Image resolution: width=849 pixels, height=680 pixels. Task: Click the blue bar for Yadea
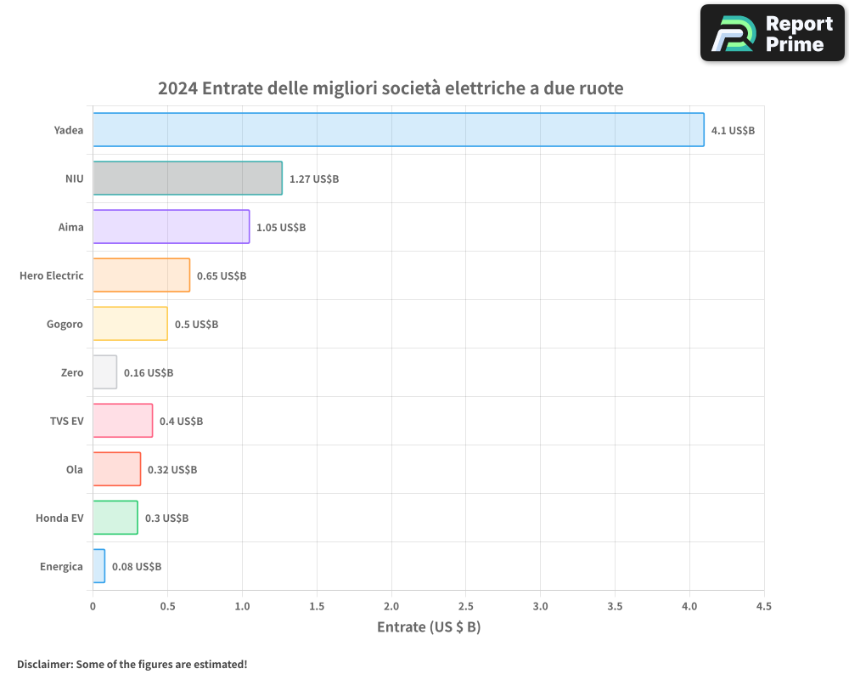coord(398,130)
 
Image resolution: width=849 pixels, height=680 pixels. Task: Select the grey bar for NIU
coord(187,178)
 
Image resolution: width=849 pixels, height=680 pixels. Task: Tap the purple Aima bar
coord(171,227)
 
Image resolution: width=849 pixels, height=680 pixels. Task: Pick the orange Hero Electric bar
coord(141,275)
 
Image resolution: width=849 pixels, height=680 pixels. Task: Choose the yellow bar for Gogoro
coord(130,324)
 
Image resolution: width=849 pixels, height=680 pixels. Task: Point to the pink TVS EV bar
coord(122,421)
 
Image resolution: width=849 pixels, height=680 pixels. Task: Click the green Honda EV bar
coord(115,518)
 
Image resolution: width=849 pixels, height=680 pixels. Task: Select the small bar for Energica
coord(98,566)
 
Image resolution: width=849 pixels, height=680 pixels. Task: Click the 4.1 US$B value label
coord(733,131)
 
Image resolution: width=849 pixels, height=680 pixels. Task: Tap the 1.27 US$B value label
coord(314,179)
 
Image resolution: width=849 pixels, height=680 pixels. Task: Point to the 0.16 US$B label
coord(149,373)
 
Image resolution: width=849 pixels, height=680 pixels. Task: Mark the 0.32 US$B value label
coord(172,470)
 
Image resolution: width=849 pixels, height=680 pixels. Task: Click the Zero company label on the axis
coord(72,372)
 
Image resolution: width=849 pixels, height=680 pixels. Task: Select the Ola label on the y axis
coord(75,469)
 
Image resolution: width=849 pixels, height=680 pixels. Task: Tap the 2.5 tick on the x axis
coord(466,606)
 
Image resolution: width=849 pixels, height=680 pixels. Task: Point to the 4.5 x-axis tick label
coord(764,606)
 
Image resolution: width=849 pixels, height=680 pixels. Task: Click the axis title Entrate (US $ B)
coord(429,627)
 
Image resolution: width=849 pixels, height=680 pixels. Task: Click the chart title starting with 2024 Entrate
coord(391,88)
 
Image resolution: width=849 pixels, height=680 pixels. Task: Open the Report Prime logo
coord(773,33)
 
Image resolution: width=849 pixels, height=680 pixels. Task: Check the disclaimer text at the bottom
coord(132,664)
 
